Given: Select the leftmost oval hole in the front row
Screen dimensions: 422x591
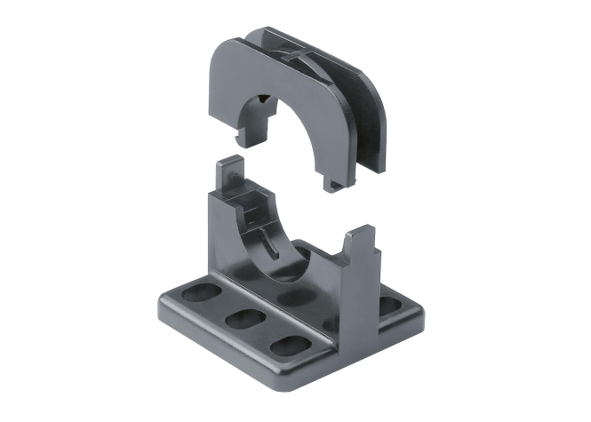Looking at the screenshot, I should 195,293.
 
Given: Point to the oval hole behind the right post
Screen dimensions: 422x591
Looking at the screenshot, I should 388,304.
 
